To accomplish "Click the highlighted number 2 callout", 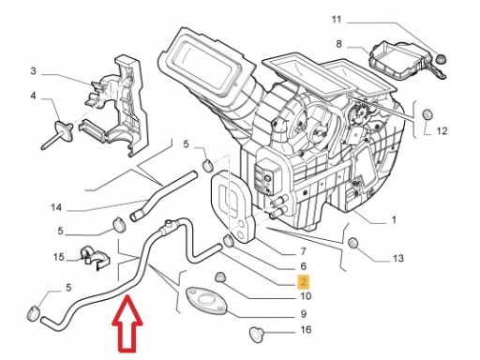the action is [304, 281].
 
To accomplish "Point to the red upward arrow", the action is [127, 323].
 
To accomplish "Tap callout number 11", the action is [337, 20].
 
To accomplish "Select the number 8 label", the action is [338, 44].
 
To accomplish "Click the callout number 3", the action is [33, 71].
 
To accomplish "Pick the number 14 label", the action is [56, 207].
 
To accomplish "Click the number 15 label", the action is [58, 257].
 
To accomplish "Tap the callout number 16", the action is [306, 329].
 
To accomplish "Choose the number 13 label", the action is [397, 259].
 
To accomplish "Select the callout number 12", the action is [442, 130].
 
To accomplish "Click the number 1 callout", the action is [394, 219].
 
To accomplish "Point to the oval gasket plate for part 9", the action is [206, 301].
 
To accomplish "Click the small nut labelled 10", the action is [219, 277].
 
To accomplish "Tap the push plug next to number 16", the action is [258, 335].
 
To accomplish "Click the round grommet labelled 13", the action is [352, 243].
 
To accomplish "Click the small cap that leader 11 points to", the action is [441, 58].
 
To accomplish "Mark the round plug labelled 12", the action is [427, 114].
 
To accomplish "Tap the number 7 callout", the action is [303, 251].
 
